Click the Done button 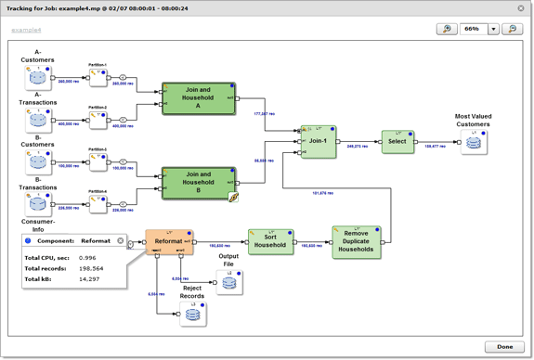tap(504, 347)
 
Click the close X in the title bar tap(521, 8)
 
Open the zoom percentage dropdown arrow tap(494, 30)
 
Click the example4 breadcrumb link tap(26, 31)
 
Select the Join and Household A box tap(199, 98)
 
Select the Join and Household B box tap(199, 182)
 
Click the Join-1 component tap(319, 142)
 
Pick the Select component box tap(397, 142)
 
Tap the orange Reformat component tap(168, 241)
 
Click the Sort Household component tap(270, 241)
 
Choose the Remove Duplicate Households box tap(357, 241)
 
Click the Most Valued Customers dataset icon tap(474, 142)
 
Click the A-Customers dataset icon tap(38, 78)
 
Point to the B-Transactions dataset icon tap(38, 202)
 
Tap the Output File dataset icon tap(228, 283)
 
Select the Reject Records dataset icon tap(192, 314)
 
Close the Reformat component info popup tap(120, 241)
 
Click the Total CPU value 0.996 tap(87, 258)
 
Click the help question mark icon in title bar tap(8, 8)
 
